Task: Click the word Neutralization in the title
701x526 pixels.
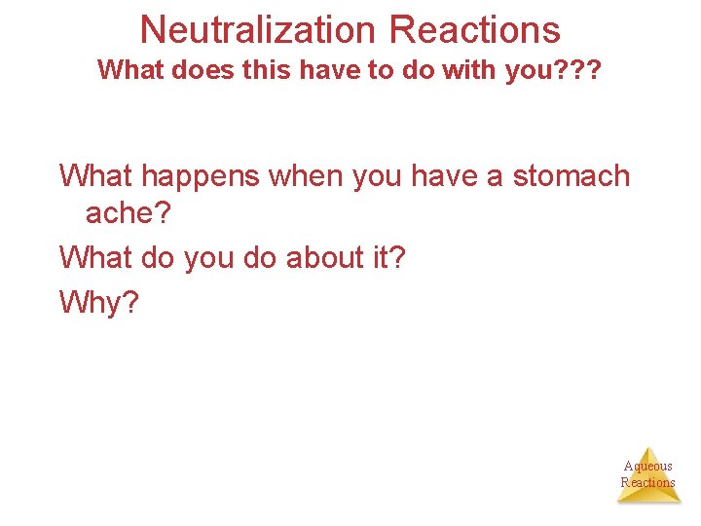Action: tap(260, 29)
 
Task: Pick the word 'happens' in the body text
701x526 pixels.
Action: tap(200, 176)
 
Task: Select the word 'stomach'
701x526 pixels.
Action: tap(572, 176)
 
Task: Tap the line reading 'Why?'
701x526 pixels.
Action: tap(99, 302)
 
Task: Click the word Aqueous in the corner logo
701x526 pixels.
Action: tap(648, 467)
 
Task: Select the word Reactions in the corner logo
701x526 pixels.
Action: tap(648, 482)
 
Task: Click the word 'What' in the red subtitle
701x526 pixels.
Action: tap(127, 71)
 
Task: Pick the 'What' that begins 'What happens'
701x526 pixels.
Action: tap(94, 176)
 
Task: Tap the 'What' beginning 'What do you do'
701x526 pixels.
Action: tap(94, 257)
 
